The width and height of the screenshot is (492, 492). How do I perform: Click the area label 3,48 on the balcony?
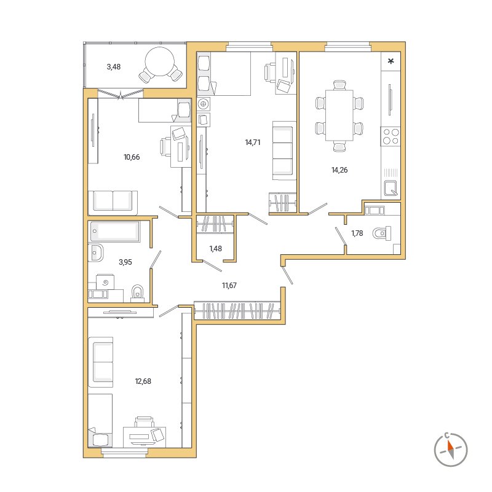point(114,67)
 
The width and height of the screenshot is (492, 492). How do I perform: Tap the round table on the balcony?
point(160,61)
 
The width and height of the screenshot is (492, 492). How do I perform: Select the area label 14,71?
point(253,143)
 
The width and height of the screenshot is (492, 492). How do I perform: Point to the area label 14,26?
point(339,170)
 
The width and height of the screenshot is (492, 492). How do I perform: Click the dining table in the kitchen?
point(339,115)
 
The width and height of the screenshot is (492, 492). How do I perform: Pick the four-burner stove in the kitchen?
point(391,136)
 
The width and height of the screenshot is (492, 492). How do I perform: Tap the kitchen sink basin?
point(391,189)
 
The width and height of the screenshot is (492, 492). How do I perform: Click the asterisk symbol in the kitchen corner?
point(391,61)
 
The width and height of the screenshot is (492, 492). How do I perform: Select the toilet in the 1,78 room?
point(382,233)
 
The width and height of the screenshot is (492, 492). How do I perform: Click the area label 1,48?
point(215,249)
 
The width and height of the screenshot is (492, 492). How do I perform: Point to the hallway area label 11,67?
point(229,286)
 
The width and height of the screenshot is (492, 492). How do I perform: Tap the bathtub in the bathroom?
point(115,232)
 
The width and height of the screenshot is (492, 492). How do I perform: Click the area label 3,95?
point(125,262)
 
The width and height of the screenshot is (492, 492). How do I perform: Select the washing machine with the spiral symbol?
point(105,282)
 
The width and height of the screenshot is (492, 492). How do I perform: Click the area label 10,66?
point(132,157)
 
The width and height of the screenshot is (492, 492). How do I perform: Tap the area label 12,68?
point(143,381)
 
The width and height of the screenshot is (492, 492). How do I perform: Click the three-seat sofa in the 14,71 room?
point(284,150)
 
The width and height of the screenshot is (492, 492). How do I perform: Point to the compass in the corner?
point(451,450)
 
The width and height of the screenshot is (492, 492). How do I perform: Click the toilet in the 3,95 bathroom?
point(137,292)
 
